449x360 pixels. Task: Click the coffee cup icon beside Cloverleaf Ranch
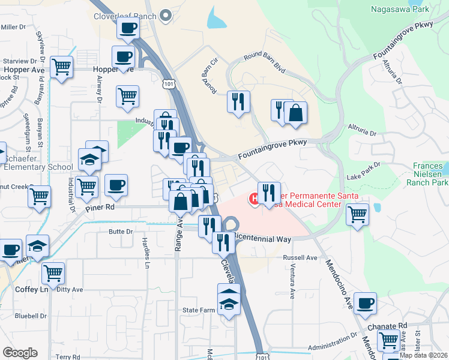pyautogui.click(x=127, y=28)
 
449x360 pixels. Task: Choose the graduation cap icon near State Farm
pyautogui.click(x=229, y=299)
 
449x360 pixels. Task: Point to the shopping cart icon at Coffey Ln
pyautogui.click(x=53, y=273)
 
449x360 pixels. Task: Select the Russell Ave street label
pyautogui.click(x=304, y=257)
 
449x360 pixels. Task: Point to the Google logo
pyautogui.click(x=20, y=353)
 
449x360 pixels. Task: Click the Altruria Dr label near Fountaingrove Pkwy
pyautogui.click(x=362, y=128)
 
